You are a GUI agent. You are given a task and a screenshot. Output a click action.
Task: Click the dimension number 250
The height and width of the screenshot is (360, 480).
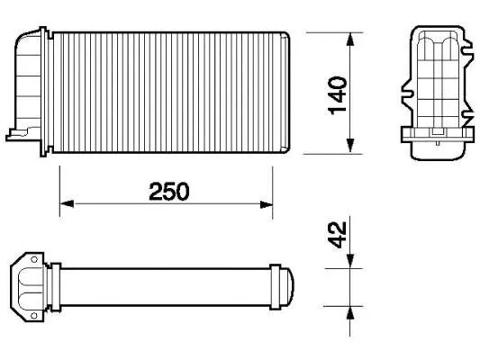tap(168, 191)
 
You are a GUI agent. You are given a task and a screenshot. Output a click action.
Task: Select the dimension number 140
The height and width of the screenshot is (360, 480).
tap(337, 94)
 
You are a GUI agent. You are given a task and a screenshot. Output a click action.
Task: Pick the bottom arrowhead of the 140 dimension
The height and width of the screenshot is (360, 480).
tap(349, 148)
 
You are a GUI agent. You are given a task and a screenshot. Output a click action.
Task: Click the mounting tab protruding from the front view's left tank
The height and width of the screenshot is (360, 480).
tap(17, 135)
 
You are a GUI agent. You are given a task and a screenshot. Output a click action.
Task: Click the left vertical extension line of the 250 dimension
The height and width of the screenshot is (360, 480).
tap(59, 184)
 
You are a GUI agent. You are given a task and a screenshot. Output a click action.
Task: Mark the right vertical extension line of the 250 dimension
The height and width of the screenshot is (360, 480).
tap(272, 184)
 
